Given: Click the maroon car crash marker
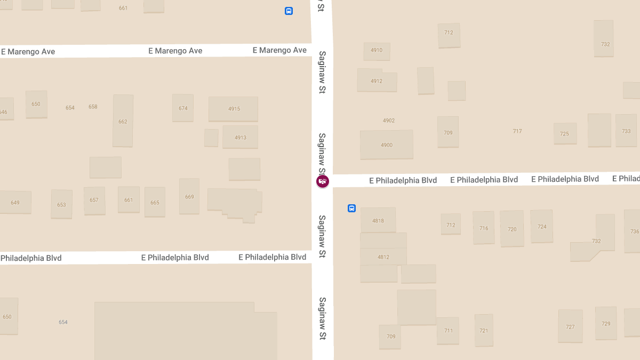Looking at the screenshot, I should pyautogui.click(x=323, y=181).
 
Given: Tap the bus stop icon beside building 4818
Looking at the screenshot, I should pyautogui.click(x=351, y=208).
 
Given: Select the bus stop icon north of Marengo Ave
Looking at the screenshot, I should pyautogui.click(x=289, y=11).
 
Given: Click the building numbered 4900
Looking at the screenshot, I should pyautogui.click(x=386, y=145).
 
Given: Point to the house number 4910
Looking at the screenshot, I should pyautogui.click(x=377, y=51).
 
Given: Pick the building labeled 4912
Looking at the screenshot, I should pyautogui.click(x=377, y=81).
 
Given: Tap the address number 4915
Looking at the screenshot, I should pyautogui.click(x=234, y=109).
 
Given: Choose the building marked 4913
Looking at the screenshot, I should pyautogui.click(x=241, y=137).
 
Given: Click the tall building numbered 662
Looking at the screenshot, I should pyautogui.click(x=123, y=121).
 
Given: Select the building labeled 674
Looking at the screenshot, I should pyautogui.click(x=183, y=108).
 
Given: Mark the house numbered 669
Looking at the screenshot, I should pyautogui.click(x=189, y=197).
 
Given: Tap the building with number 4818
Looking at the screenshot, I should pyautogui.click(x=378, y=220).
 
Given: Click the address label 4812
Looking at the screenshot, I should pyautogui.click(x=383, y=257).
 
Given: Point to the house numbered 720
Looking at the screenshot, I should pyautogui.click(x=512, y=229).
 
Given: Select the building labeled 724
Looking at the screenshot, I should pyautogui.click(x=542, y=227).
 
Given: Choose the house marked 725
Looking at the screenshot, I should pyautogui.click(x=565, y=133).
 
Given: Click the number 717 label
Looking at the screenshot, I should pyautogui.click(x=517, y=131).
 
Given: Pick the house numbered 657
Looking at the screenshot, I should pyautogui.click(x=94, y=201).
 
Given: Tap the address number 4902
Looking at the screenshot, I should pyautogui.click(x=389, y=121).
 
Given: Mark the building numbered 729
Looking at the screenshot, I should pyautogui.click(x=606, y=324).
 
